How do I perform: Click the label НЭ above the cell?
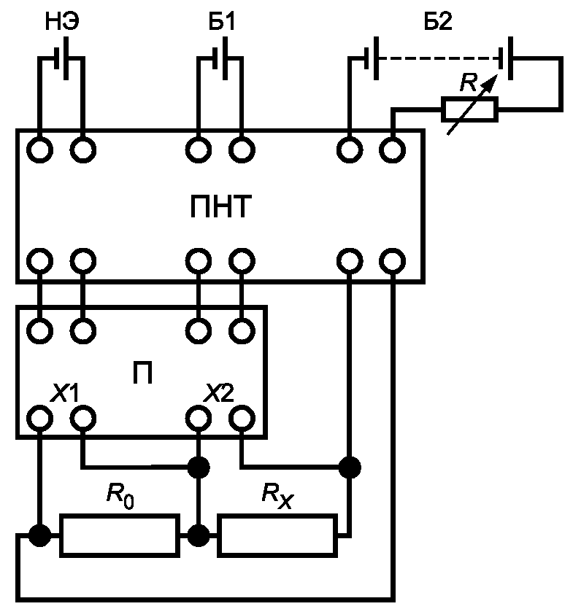pyautogui.click(x=62, y=22)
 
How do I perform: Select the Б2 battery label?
pyautogui.click(x=438, y=22)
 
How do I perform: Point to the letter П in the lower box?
pyautogui.click(x=142, y=373)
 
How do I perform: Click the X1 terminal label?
pyautogui.click(x=64, y=392)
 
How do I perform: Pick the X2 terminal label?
pyautogui.click(x=219, y=392)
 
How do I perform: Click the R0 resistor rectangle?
pyautogui.click(x=120, y=535)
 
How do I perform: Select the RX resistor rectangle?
pyautogui.click(x=277, y=535)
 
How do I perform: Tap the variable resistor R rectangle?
pyautogui.click(x=469, y=109)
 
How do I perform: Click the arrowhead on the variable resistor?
pyautogui.click(x=491, y=81)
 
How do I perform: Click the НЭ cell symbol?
pyautogui.click(x=62, y=58)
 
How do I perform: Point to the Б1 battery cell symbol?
pyautogui.click(x=220, y=58)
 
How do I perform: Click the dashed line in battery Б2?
pyautogui.click(x=439, y=58)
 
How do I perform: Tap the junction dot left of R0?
pyautogui.click(x=39, y=536)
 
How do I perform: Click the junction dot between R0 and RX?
pyautogui.click(x=199, y=536)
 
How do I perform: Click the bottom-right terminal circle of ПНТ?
pyautogui.click(x=393, y=261)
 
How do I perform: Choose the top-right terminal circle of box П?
pyautogui.click(x=242, y=331)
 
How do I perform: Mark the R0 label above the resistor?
pyautogui.click(x=120, y=496)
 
